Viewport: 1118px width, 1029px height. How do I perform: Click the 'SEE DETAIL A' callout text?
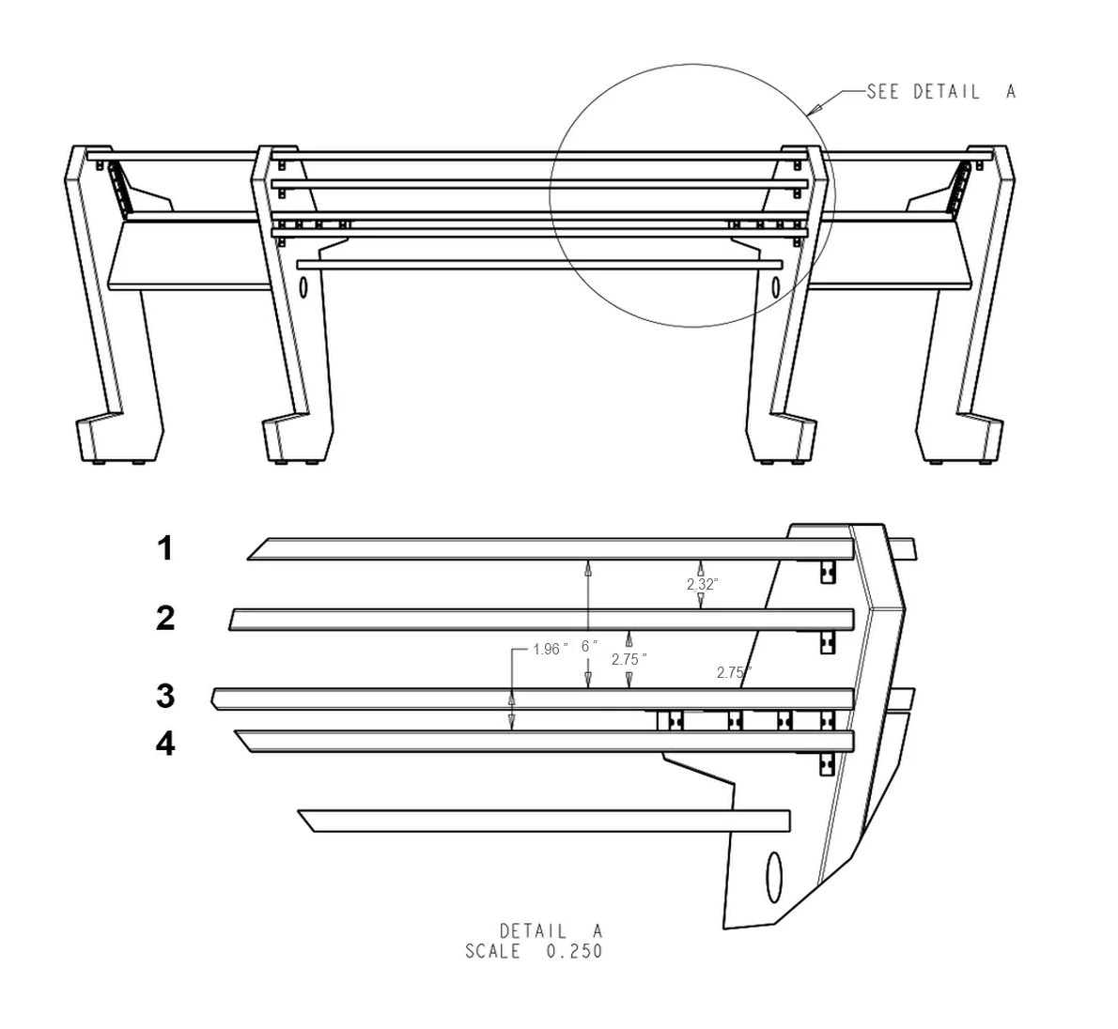tap(940, 92)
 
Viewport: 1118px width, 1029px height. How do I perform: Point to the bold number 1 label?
tap(165, 548)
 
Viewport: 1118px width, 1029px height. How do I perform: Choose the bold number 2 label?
tap(165, 619)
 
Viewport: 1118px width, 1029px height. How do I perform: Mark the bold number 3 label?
tap(165, 697)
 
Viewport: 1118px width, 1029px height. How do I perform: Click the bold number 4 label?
tap(165, 745)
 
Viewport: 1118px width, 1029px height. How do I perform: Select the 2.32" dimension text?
tap(702, 584)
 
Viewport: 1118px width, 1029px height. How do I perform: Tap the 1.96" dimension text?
tap(549, 649)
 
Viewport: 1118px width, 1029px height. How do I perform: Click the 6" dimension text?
tap(589, 646)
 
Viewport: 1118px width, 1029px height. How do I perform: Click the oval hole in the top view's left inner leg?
tap(303, 288)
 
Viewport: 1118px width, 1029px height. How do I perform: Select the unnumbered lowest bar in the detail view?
tap(545, 821)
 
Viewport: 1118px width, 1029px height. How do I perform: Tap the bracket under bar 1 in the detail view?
tap(827, 572)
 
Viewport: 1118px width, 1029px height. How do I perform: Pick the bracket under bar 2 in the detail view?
tap(827, 642)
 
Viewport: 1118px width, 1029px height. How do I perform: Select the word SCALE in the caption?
tap(492, 951)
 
